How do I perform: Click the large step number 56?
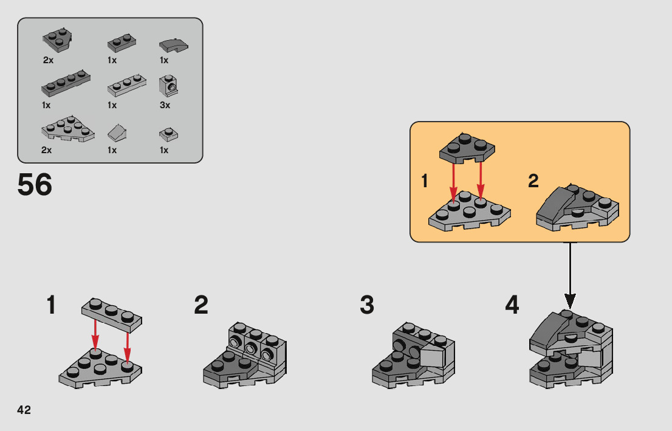pyautogui.click(x=35, y=185)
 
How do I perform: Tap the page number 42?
pyautogui.click(x=24, y=410)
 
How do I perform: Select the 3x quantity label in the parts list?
pyautogui.click(x=165, y=105)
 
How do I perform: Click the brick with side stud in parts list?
pyautogui.click(x=168, y=86)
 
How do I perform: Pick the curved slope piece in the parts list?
pyautogui.click(x=174, y=44)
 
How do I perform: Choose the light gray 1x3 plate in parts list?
pyautogui.click(x=126, y=85)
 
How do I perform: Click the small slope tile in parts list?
pyautogui.click(x=117, y=133)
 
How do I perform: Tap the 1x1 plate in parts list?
pyautogui.click(x=168, y=135)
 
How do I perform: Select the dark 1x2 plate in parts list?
pyautogui.click(x=122, y=43)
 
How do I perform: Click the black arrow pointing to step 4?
pyautogui.click(x=569, y=275)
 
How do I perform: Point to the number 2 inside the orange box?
pyautogui.click(x=533, y=181)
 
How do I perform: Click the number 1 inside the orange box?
pyautogui.click(x=425, y=181)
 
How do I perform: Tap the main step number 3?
pyautogui.click(x=367, y=305)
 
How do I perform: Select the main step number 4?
pyautogui.click(x=512, y=305)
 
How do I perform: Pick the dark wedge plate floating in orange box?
pyautogui.click(x=467, y=148)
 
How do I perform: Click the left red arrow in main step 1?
pyautogui.click(x=95, y=334)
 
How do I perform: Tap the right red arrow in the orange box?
pyautogui.click(x=481, y=179)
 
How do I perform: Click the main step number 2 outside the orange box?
pyautogui.click(x=201, y=305)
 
